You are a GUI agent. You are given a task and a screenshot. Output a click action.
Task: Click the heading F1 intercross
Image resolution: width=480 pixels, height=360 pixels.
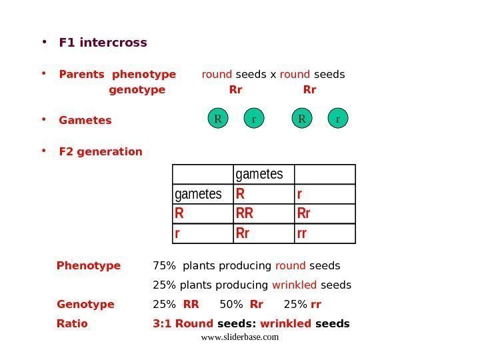(x=103, y=43)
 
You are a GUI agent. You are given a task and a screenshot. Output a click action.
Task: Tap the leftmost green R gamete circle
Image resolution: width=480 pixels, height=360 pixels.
(x=217, y=119)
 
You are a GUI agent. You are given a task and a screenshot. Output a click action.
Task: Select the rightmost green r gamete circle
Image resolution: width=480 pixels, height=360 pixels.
(x=338, y=119)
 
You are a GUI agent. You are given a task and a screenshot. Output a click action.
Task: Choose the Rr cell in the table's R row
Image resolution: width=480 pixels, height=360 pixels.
(x=304, y=214)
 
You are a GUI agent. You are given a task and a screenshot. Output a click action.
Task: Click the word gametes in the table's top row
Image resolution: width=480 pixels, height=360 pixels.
(x=259, y=174)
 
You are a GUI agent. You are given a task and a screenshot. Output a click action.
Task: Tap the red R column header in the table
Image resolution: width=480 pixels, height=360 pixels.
(x=241, y=194)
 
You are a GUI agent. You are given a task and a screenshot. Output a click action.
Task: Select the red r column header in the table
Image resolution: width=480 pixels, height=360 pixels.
(x=299, y=194)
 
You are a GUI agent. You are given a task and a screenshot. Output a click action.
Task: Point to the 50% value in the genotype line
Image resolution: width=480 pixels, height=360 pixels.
(x=231, y=305)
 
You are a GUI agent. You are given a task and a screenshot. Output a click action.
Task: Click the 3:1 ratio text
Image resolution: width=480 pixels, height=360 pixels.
(x=161, y=324)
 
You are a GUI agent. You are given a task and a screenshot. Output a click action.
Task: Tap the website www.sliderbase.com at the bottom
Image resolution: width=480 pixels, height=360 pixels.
(x=239, y=337)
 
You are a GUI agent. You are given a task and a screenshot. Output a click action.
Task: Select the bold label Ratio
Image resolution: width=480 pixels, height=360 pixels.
(x=72, y=324)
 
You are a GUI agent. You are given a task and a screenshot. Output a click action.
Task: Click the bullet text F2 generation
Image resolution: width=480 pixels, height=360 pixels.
(x=101, y=151)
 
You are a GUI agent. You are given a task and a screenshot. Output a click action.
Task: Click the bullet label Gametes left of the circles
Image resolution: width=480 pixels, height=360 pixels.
(x=85, y=121)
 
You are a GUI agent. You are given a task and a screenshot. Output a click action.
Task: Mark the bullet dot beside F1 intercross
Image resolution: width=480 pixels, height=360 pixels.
(x=44, y=42)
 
